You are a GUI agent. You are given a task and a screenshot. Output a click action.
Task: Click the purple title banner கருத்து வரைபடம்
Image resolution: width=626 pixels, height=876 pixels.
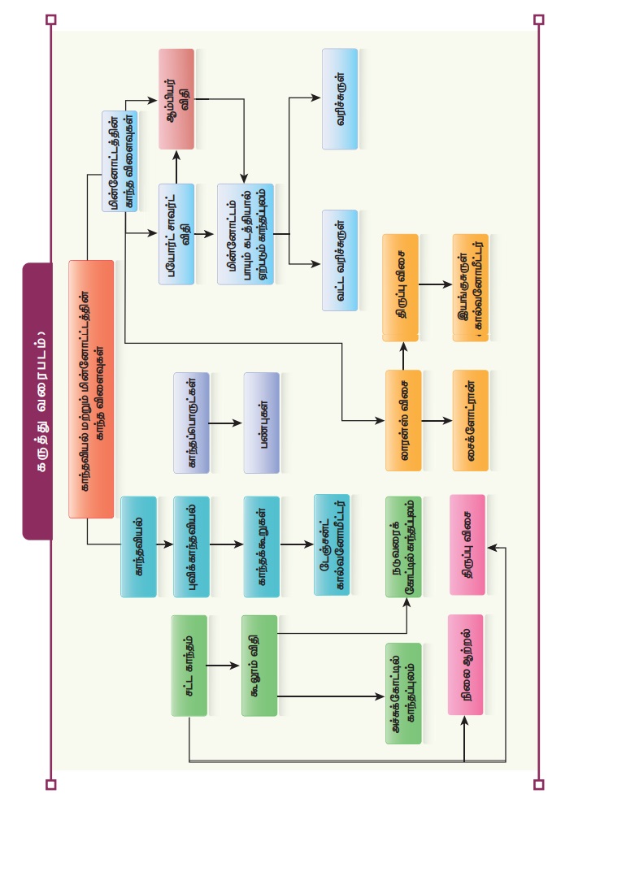[x=37, y=401]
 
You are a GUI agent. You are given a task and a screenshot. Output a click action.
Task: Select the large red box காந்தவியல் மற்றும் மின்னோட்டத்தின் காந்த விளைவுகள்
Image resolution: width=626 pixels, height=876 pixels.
[x=91, y=388]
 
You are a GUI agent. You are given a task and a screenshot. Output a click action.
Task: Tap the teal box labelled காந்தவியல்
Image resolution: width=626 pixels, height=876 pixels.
[x=138, y=547]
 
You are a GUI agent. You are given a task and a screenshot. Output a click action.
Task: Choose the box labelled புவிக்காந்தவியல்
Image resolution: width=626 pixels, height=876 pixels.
[x=191, y=547]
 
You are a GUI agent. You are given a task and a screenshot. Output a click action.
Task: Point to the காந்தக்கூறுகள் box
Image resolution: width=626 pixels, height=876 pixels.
[x=261, y=547]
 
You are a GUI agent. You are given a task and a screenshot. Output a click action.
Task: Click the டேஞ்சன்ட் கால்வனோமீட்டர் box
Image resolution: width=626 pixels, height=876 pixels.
[x=332, y=544]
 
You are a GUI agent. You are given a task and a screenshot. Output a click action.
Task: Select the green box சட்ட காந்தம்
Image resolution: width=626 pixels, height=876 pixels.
[x=189, y=666]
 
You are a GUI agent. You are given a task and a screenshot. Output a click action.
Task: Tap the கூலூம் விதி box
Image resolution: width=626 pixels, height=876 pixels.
[x=259, y=666]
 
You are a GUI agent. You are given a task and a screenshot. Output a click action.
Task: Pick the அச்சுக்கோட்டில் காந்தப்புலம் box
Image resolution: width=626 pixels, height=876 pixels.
[x=403, y=693]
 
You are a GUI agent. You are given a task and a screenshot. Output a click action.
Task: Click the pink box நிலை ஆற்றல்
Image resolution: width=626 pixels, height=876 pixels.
[x=465, y=665]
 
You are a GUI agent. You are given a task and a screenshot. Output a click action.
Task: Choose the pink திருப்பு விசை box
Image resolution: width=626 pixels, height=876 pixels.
[x=467, y=544]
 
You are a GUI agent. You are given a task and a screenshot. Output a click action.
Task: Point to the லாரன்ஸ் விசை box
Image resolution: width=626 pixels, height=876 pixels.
[x=403, y=420]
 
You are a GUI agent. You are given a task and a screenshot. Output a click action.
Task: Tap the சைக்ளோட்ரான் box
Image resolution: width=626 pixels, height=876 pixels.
[x=471, y=420]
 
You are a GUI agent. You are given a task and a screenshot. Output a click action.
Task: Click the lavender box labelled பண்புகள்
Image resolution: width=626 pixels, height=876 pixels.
[x=261, y=423]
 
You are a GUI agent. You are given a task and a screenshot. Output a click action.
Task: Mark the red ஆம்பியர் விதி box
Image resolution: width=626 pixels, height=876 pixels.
[x=176, y=99]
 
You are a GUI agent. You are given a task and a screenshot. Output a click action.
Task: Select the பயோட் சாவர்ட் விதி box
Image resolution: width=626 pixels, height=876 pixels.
[x=176, y=234]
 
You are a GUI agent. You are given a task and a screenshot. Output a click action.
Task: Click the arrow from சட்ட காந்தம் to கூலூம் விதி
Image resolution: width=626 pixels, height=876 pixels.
[x=224, y=666]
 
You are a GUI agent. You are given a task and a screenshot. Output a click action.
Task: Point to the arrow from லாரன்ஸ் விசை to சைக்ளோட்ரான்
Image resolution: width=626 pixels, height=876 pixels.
[x=437, y=421]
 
